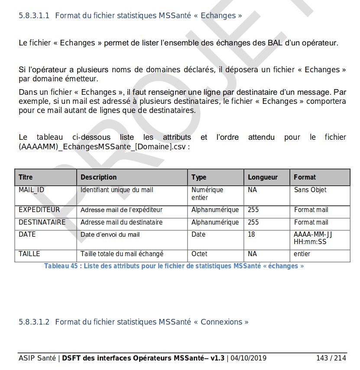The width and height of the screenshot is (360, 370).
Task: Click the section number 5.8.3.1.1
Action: point(34,16)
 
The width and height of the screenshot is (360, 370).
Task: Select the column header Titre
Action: point(26,177)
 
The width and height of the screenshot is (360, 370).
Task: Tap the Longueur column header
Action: point(263,177)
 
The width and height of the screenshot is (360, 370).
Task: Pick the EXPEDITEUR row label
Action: point(39,210)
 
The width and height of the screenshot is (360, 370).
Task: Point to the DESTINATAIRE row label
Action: point(42,222)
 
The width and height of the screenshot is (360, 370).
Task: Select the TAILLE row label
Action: point(29,254)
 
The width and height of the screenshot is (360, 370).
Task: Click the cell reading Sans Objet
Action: point(310,190)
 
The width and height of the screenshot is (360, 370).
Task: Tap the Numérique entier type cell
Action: point(207,193)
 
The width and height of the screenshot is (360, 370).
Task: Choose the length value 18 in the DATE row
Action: point(251,235)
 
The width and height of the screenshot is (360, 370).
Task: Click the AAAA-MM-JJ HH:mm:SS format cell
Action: point(313,238)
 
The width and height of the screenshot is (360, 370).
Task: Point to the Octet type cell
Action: point(199,254)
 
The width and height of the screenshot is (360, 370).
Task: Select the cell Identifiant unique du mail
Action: point(117,190)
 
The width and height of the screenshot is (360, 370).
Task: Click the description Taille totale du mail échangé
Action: point(122,254)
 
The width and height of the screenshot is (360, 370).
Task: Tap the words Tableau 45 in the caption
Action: point(61,266)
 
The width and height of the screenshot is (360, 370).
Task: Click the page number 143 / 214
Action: point(331,358)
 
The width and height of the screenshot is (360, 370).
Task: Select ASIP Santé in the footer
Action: point(37,358)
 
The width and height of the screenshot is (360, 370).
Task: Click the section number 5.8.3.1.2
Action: point(34,322)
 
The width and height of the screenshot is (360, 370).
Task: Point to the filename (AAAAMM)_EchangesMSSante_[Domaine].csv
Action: point(104,147)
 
